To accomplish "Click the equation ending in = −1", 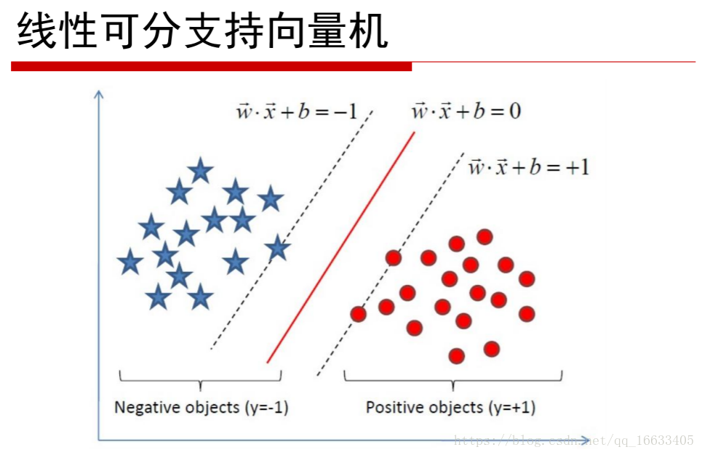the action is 297,111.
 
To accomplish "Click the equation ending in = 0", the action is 466,111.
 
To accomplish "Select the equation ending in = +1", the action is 529,167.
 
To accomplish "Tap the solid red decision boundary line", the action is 340,247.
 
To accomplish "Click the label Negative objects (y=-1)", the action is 202,408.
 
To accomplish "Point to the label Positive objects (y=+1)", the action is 450,408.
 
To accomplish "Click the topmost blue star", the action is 200,171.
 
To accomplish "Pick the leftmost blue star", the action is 130,262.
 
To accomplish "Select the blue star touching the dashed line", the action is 278,247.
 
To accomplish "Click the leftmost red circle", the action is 358,314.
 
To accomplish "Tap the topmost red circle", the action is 484,237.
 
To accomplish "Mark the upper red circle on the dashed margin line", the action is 394,258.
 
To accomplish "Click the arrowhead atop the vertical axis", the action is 98,94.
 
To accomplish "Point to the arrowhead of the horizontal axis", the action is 585,440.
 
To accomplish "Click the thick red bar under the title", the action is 211,67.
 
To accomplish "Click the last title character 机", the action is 369,31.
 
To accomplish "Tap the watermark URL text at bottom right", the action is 573,440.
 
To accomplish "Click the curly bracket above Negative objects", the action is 200,380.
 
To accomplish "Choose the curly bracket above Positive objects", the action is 453,380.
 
